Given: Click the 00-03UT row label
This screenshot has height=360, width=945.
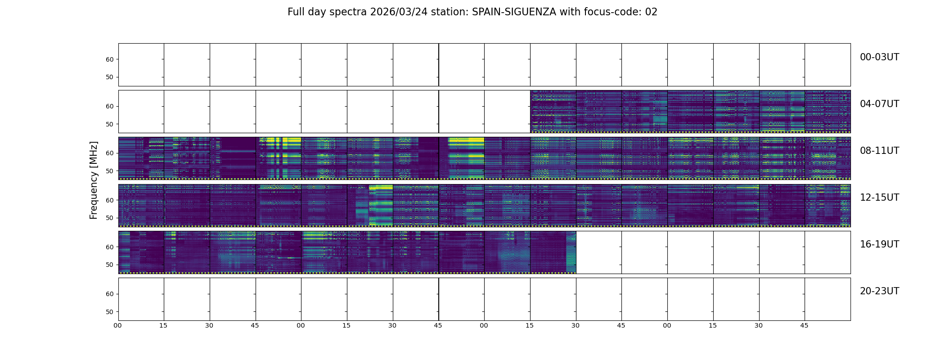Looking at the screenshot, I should (879, 57).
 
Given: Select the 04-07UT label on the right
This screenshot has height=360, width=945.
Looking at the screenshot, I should (879, 104).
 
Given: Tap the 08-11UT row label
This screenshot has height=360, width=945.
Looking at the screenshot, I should (879, 151).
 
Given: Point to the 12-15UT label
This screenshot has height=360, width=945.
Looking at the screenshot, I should (879, 198).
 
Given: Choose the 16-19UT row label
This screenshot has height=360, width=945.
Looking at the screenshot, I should (879, 244).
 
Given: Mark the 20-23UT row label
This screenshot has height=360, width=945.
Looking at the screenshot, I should (879, 291).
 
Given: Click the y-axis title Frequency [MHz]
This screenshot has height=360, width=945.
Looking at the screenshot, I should (94, 180).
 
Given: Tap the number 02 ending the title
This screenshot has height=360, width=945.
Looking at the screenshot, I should (651, 12).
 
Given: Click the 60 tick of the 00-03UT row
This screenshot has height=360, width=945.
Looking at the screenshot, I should (109, 59).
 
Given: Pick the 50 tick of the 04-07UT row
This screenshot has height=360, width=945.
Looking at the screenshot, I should (109, 124).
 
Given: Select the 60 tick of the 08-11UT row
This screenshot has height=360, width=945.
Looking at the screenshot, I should (109, 153).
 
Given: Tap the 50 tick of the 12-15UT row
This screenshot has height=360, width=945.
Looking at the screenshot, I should (109, 218).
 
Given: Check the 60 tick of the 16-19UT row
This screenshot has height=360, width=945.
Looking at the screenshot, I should (109, 247).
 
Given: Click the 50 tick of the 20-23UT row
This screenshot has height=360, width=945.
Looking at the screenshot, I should (109, 312).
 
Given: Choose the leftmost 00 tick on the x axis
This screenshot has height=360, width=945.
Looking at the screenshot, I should (118, 325).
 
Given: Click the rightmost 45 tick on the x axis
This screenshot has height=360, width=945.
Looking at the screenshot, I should (804, 325).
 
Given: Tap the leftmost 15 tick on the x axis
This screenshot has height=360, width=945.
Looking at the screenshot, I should (163, 325).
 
